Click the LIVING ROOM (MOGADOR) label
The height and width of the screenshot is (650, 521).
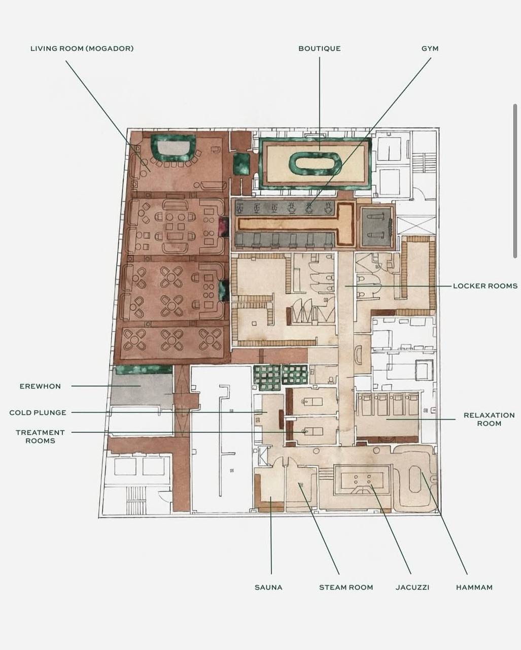click(x=82, y=49)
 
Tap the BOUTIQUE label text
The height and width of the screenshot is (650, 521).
click(x=320, y=49)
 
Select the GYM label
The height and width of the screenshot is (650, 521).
click(x=430, y=49)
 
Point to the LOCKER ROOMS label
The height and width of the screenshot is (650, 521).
click(x=485, y=286)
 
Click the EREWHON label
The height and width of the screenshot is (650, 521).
click(x=40, y=386)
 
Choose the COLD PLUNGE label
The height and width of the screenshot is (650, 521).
click(x=38, y=412)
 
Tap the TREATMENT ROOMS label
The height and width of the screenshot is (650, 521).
click(x=40, y=436)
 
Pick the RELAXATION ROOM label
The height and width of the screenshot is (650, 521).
click(x=489, y=419)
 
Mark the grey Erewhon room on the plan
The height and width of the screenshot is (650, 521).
click(x=141, y=390)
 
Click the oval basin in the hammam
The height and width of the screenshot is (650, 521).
click(x=415, y=479)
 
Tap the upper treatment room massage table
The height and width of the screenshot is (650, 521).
click(x=312, y=401)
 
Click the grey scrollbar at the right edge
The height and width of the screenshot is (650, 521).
click(x=515, y=181)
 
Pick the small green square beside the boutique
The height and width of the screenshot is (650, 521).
click(x=241, y=164)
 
